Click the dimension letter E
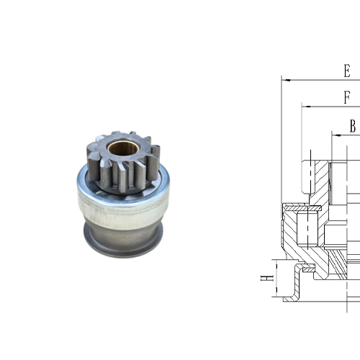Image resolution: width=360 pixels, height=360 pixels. (x=347, y=71)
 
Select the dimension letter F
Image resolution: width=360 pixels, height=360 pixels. (x=347, y=98)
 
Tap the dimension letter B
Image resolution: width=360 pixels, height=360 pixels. (x=353, y=125)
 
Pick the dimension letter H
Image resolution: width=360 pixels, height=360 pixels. (x=265, y=278)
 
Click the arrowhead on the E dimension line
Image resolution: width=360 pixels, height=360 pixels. (x=285, y=80)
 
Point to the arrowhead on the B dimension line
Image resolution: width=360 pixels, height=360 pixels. (x=335, y=133)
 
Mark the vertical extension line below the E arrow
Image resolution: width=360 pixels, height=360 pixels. (x=282, y=144)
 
